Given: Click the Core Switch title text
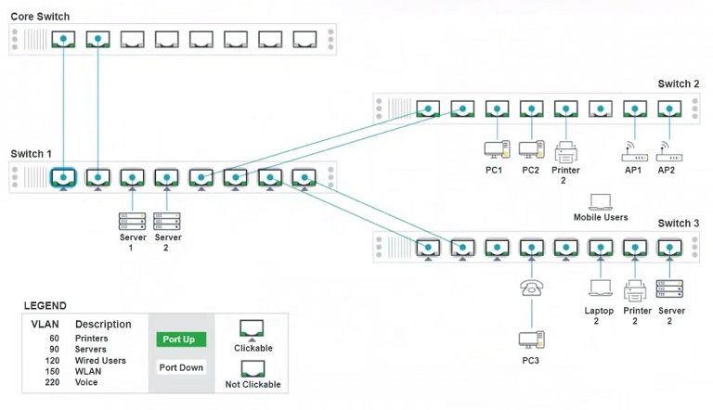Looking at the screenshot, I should tap(40, 17).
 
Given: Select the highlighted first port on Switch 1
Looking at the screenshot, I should tap(63, 177).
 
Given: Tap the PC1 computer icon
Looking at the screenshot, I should tap(497, 148).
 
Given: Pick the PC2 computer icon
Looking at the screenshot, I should tap(531, 148).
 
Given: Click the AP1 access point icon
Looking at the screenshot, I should tap(634, 150).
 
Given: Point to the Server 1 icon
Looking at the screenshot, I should tap(132, 221).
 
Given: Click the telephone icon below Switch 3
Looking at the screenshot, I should tap(531, 288).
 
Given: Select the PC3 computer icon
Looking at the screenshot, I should tap(531, 340).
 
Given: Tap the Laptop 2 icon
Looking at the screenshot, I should tap(600, 289).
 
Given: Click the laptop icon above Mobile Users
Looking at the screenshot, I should tap(601, 201).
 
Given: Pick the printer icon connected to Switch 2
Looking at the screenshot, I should tap(565, 150).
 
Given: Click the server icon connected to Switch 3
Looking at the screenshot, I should tap(669, 288).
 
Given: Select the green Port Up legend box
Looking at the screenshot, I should tap(178, 340).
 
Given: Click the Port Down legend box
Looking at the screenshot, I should tap(178, 366).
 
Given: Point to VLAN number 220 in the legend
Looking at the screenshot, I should tap(50, 382).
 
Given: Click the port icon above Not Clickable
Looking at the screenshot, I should tap(253, 367).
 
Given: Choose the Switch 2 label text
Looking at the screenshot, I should tap(678, 84).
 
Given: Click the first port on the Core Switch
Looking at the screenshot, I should tap(63, 40).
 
